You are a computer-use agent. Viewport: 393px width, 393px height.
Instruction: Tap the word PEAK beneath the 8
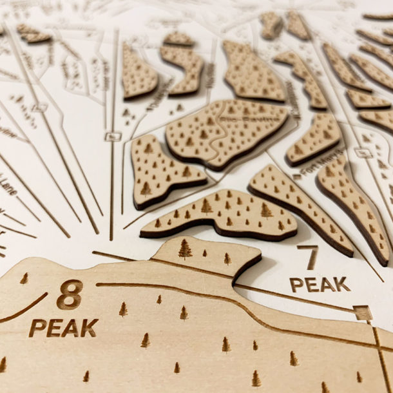[x=63, y=328]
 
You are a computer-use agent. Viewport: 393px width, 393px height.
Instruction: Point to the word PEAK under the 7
[x=320, y=283]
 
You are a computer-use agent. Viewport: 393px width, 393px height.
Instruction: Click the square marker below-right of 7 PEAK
[x=363, y=314]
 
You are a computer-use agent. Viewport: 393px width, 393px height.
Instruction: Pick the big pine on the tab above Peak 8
[x=185, y=249]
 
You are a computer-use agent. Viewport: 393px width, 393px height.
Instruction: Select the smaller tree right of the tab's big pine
[x=227, y=258]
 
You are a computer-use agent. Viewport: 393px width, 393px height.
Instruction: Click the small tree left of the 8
[x=24, y=278]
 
